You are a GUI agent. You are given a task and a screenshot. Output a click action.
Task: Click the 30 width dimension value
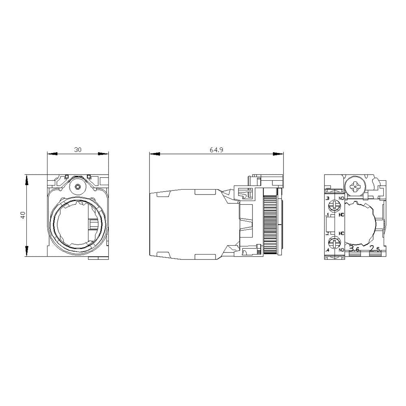click(78, 150)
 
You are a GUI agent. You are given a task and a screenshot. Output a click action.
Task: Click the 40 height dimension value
click(23, 215)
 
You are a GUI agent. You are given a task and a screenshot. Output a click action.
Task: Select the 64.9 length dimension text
click(216, 150)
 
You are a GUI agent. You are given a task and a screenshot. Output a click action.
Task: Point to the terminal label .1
click(327, 214)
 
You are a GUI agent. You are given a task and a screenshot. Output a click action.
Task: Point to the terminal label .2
click(327, 233)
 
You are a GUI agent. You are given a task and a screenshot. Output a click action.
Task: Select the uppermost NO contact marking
click(341, 198)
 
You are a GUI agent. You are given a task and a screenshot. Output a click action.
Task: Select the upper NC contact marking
click(341, 214)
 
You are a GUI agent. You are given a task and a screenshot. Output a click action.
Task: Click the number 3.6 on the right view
click(354, 249)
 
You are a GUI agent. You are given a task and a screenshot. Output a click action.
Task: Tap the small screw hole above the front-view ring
click(78, 187)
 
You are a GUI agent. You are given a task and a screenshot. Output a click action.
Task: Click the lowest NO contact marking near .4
click(341, 249)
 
